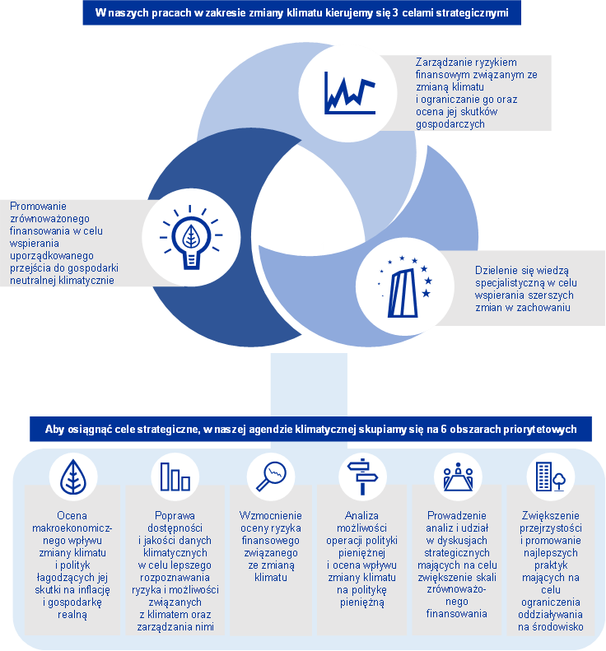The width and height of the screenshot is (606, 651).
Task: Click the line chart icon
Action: [350, 93]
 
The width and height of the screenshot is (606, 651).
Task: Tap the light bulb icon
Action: [191, 237]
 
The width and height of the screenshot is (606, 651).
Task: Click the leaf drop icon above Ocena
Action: [73, 477]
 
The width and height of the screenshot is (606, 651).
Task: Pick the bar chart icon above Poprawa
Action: [175, 477]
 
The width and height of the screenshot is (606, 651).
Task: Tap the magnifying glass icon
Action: [271, 477]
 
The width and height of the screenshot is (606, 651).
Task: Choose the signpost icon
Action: [362, 477]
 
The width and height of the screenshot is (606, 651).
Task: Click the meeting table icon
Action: [458, 477]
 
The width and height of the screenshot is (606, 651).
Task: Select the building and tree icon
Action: [551, 477]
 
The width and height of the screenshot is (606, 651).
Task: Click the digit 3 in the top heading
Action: [394, 13]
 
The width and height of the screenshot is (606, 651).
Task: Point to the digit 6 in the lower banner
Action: [444, 429]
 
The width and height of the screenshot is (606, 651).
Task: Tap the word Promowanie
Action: [38, 207]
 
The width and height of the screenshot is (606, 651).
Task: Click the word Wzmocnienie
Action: [271, 516]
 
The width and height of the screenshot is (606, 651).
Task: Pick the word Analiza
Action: [361, 516]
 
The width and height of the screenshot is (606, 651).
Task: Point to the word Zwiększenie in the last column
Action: [551, 516]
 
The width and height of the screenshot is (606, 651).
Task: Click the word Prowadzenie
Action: [457, 516]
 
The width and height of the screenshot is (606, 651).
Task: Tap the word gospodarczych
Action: [450, 124]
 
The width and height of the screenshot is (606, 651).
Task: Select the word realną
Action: [72, 615]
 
